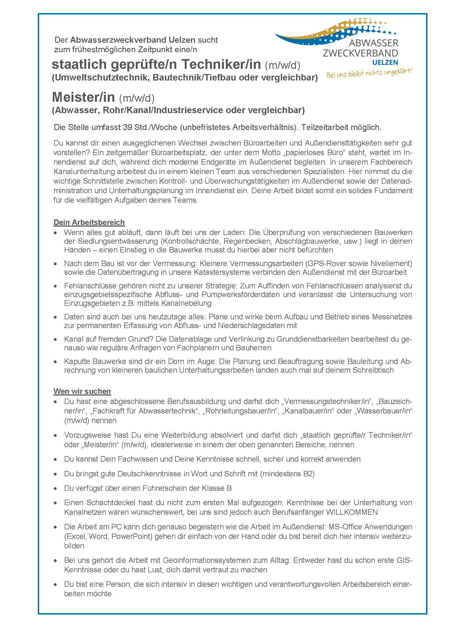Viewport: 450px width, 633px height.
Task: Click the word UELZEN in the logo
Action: click(385, 62)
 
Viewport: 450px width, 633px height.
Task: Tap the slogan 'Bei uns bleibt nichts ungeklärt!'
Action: click(369, 73)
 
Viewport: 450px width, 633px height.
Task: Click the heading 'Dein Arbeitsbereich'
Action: click(89, 223)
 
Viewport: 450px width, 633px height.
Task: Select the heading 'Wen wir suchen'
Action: click(82, 391)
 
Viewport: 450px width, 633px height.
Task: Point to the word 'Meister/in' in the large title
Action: click(84, 97)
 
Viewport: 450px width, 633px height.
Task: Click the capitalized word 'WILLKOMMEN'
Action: click(352, 512)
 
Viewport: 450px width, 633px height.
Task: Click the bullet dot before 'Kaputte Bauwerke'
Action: click(56, 362)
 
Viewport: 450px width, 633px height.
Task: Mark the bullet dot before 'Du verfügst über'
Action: click(56, 489)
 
